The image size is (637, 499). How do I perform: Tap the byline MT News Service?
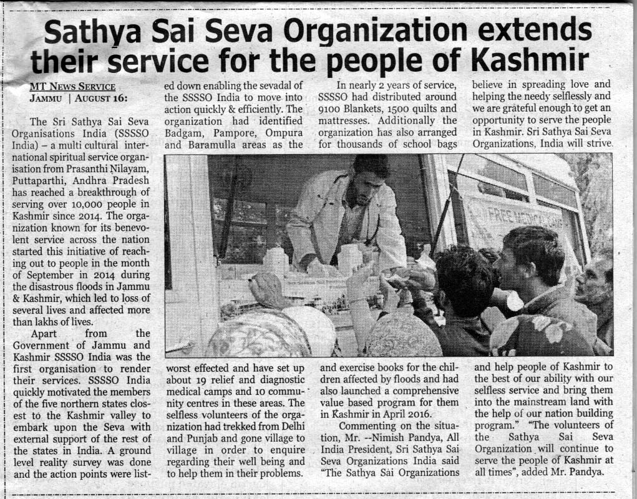coord(72,87)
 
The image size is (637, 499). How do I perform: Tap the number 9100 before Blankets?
coord(331,109)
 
